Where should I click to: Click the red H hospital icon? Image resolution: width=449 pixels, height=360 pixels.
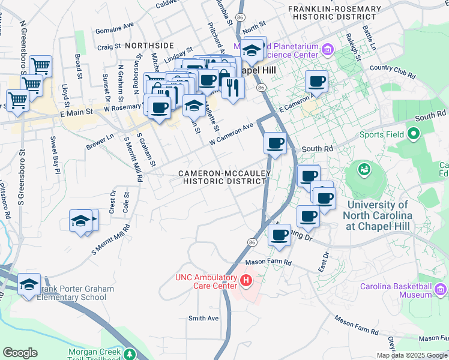point(245,280)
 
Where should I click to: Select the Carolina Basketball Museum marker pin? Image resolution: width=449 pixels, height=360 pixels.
point(441,290)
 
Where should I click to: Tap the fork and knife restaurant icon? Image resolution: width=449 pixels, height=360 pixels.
point(231,88)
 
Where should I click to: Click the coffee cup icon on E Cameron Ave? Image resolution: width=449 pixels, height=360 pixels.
point(316,82)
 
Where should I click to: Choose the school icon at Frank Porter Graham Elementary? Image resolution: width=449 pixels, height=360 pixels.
point(29,284)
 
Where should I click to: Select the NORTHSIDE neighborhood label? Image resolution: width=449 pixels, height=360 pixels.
point(149,45)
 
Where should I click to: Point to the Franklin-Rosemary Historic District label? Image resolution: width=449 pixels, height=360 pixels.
point(334,13)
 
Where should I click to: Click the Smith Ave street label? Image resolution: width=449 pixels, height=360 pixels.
point(203,318)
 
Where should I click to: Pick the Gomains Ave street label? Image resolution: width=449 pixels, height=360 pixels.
point(115,27)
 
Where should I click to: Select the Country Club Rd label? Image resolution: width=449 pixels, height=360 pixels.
point(393,71)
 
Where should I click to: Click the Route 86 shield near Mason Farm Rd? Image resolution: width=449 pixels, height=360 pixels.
point(251,241)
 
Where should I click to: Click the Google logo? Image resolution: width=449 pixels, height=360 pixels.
point(20,353)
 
